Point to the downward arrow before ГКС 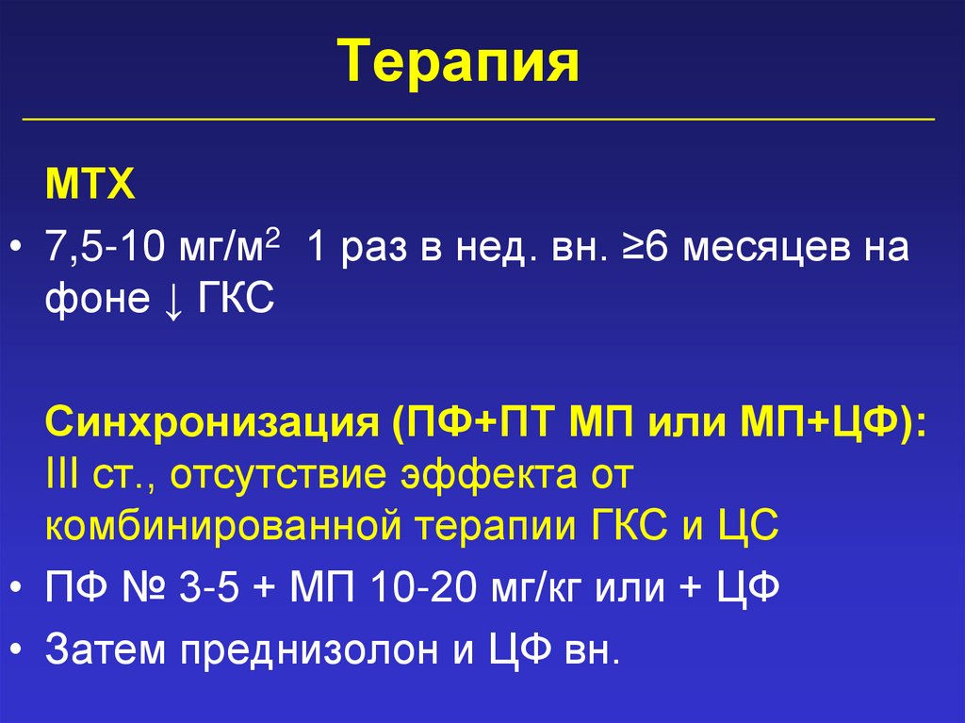coord(173,301)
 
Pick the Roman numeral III coord(62,474)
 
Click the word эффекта coord(499,474)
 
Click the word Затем coord(104,651)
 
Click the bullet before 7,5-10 coord(20,251)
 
